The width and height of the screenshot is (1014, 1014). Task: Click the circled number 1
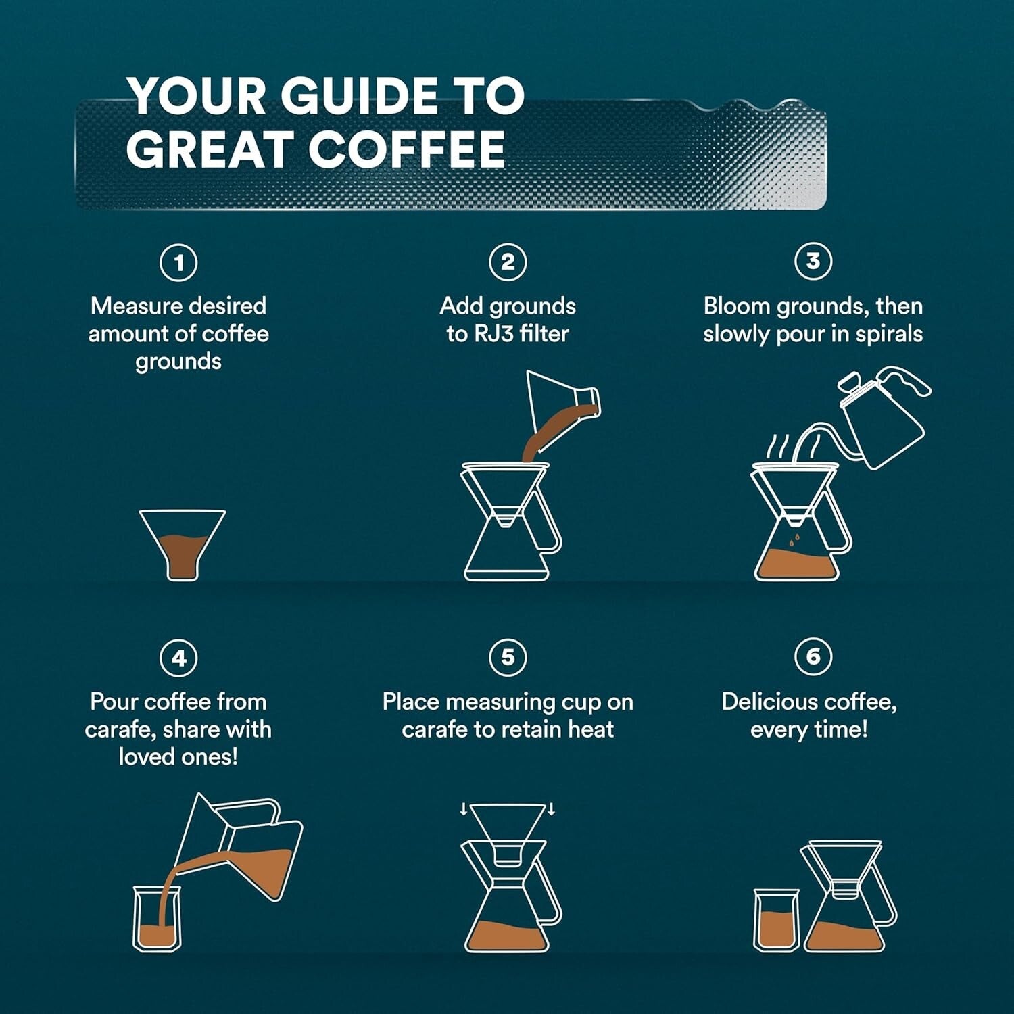point(178,262)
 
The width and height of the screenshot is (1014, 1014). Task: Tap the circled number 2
point(508,262)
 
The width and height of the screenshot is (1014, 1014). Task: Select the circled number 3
point(813,261)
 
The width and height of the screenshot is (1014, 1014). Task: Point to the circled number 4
point(178,658)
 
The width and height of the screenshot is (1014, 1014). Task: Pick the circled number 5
point(508,657)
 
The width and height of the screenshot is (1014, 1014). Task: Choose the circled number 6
point(813,656)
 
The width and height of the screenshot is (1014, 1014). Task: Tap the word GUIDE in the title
point(359,95)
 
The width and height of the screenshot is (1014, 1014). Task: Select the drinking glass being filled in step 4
point(157,919)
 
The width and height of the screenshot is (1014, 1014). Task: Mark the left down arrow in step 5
point(464,809)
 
